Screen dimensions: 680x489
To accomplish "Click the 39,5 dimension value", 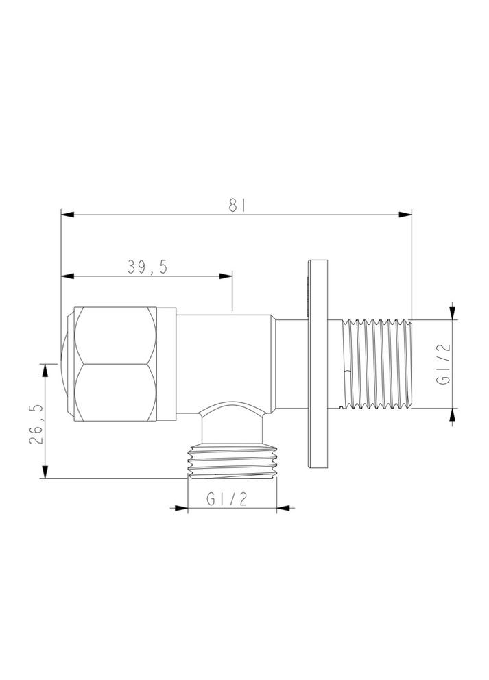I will pos(147,267).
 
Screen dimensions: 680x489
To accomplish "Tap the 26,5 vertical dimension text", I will pos(37,424).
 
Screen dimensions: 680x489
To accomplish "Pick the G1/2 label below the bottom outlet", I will pos(227,500).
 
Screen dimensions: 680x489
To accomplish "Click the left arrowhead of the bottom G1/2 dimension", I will pos(182,509).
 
